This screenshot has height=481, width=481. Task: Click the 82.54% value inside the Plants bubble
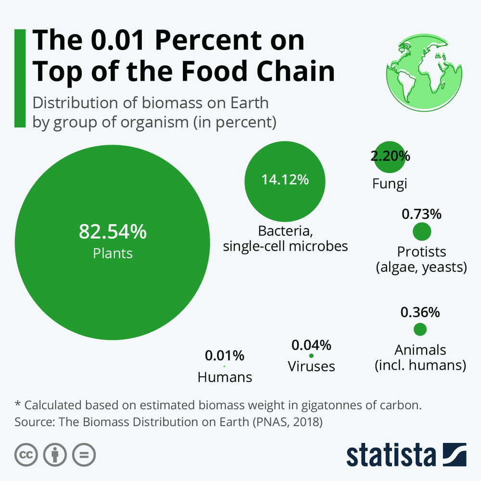(112, 232)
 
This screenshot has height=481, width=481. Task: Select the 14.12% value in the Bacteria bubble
(285, 180)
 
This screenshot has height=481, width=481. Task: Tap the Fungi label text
(390, 184)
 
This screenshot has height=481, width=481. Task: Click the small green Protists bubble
(422, 232)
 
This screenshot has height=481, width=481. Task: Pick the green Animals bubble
(420, 329)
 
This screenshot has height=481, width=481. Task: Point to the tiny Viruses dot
(311, 356)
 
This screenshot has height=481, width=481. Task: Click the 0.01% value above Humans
(225, 356)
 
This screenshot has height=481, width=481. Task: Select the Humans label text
(225, 377)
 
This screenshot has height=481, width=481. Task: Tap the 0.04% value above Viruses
(311, 345)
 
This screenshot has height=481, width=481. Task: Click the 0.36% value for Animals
(420, 313)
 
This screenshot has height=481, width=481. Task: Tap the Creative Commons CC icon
(26, 454)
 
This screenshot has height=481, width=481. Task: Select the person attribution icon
(55, 454)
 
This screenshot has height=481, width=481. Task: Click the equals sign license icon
(84, 454)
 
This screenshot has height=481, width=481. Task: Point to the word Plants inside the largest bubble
(113, 253)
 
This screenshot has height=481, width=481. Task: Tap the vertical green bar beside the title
(20, 78)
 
